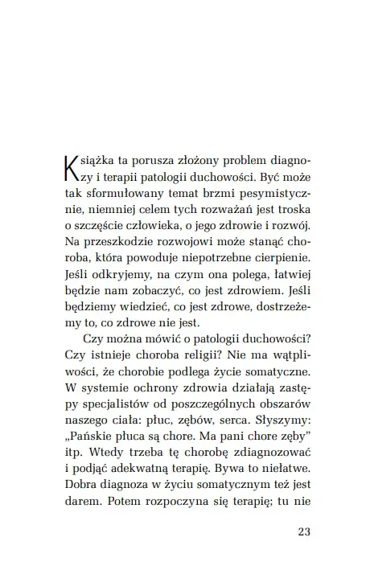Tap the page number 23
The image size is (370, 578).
pos(303,531)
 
